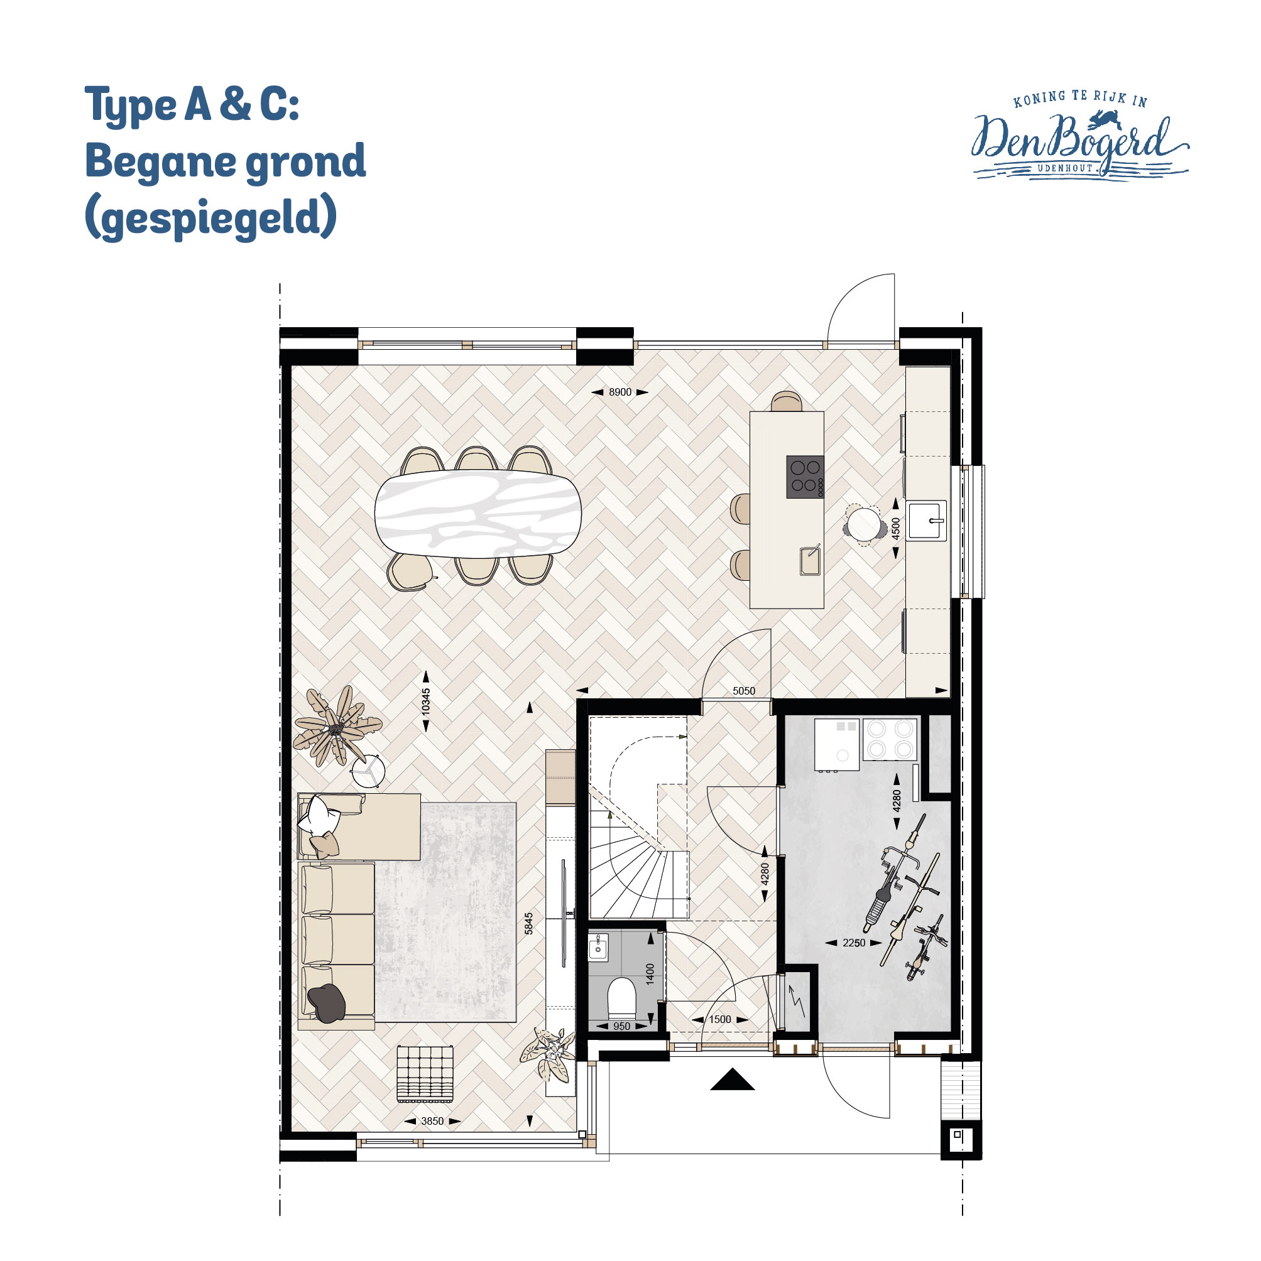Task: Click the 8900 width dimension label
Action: coord(620,392)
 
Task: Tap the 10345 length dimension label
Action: coord(426,701)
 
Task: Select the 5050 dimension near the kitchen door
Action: coord(744,691)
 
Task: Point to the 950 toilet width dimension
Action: coord(621,1027)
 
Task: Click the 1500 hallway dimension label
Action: coord(719,1019)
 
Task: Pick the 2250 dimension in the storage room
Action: coord(853,943)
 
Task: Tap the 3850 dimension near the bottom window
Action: coord(432,1122)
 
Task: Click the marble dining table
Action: coord(478,513)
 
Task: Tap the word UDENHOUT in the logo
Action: coord(1065,168)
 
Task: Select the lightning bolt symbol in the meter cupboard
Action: coord(797,1001)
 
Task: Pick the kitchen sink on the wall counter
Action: coord(926,520)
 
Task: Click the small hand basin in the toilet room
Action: coord(598,946)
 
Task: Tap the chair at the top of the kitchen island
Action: coord(786,401)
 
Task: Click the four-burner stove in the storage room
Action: coord(890,739)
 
